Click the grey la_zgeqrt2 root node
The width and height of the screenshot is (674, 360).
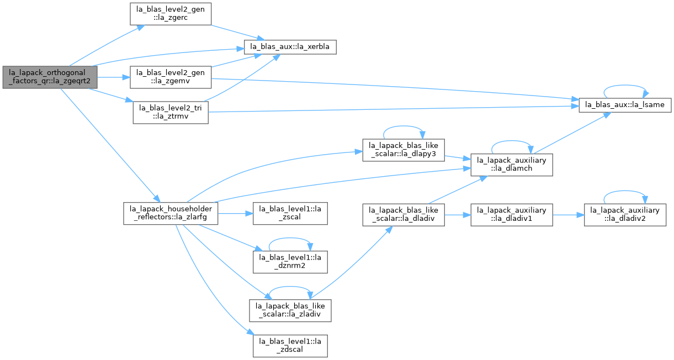pos(50,77)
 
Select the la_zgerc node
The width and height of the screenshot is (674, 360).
pos(171,14)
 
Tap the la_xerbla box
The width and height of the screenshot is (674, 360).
pos(290,47)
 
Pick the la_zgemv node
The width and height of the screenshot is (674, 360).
pos(171,77)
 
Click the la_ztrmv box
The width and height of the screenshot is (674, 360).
pos(171,112)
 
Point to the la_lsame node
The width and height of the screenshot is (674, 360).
pos(625,105)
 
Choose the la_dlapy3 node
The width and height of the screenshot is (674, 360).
pos(404,150)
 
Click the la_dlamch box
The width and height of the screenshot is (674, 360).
pos(512,165)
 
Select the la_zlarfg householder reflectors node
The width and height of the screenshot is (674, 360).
pos(171,214)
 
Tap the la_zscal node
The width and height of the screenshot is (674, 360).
pos(290,214)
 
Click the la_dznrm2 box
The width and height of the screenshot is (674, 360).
pos(290,262)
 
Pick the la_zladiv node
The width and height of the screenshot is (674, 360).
pos(290,311)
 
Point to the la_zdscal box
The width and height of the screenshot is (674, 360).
pos(290,346)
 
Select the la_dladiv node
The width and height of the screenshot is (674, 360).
pos(404,215)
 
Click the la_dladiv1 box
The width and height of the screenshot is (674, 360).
pos(512,215)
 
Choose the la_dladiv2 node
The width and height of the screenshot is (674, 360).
pos(625,215)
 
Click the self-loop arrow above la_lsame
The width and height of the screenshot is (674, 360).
pos(625,85)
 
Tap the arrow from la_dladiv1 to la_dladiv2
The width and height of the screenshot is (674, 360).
pos(569,215)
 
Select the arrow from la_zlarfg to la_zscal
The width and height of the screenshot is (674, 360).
pos(235,214)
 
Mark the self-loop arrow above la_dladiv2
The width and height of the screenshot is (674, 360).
pos(625,191)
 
